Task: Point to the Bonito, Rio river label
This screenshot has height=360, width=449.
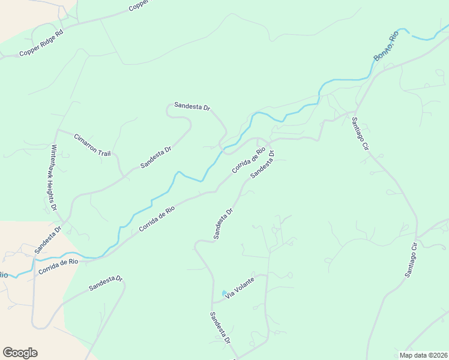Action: point(386,47)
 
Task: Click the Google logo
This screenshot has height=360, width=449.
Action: point(20,353)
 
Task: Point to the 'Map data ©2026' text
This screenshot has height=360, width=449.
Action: point(423,355)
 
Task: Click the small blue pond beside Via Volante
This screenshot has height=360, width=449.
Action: point(224,293)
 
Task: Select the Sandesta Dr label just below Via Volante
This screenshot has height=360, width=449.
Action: point(220,328)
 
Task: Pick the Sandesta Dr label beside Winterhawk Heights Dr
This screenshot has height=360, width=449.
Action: point(48,239)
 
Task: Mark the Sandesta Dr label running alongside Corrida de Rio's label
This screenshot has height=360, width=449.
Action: point(262,164)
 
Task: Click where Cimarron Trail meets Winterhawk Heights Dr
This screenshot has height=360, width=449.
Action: point(58,130)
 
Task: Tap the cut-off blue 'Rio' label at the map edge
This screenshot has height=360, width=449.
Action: point(3,275)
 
